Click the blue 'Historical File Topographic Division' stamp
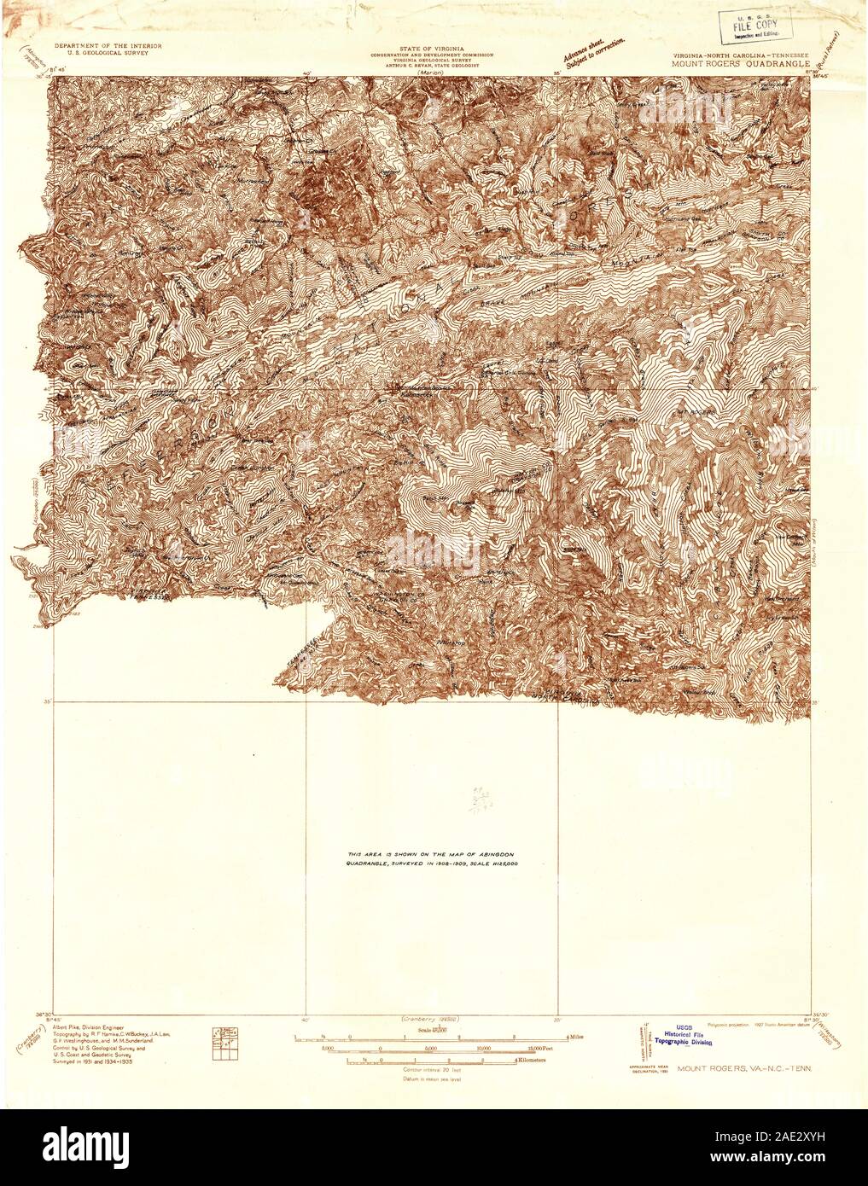tap(696, 1035)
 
